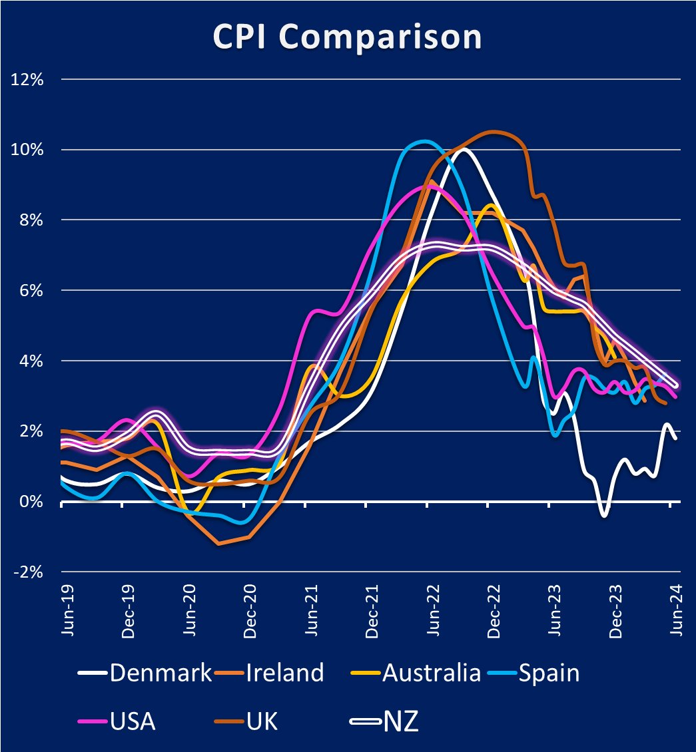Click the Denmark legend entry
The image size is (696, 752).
[161, 673]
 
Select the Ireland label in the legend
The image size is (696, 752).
[284, 673]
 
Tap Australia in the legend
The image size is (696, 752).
[431, 673]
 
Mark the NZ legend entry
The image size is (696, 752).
[400, 721]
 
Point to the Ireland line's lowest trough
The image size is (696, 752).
[218, 544]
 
